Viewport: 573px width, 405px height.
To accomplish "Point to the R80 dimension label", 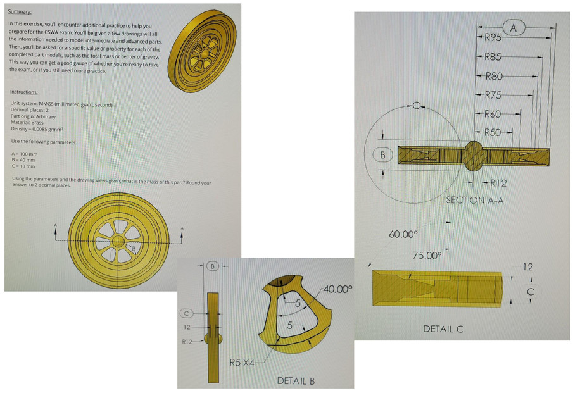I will [493, 77].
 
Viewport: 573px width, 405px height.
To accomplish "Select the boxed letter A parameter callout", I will [513, 28].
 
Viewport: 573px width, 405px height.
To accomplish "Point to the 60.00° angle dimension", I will [403, 235].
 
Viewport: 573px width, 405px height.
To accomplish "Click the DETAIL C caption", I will [443, 329].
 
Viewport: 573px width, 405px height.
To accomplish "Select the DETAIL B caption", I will [296, 381].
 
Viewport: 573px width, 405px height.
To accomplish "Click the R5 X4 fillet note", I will [242, 363].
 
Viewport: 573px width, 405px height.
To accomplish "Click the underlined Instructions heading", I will [25, 92].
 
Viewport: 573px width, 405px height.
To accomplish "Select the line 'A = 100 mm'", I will [25, 154].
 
